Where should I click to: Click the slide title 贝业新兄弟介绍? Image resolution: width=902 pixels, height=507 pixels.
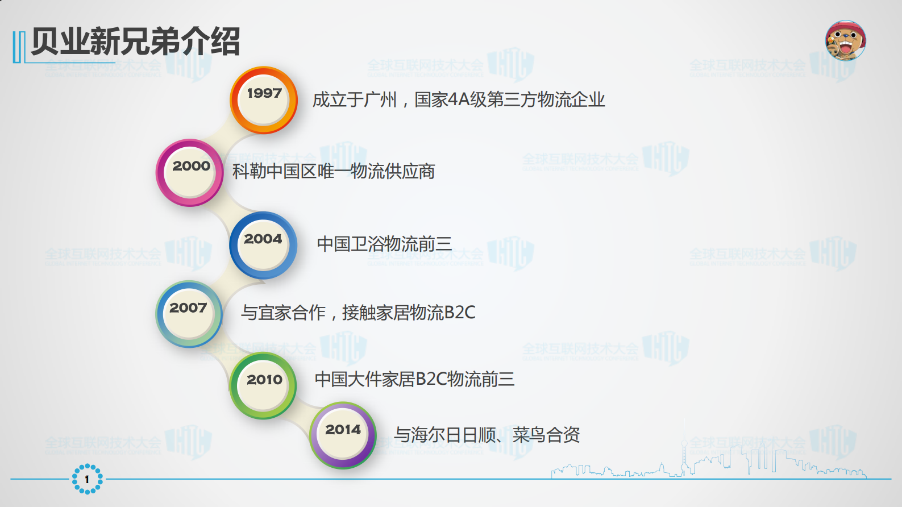(135, 41)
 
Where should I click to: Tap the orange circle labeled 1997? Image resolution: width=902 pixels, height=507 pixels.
(264, 100)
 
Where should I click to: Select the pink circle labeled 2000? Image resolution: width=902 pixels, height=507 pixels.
(190, 173)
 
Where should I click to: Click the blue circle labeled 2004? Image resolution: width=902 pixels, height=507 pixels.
(263, 245)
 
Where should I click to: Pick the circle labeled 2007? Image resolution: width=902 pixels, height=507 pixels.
(189, 314)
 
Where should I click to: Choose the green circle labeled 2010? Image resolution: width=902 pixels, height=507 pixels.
(264, 385)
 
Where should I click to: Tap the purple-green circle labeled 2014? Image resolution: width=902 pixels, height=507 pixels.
(343, 435)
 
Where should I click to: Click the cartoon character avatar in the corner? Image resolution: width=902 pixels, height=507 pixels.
(845, 40)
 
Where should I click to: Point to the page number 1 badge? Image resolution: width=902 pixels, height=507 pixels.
(87, 479)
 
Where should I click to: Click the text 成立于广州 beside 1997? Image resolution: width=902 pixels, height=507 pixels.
(355, 100)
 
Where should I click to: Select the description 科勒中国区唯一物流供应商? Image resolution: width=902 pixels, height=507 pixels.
(334, 171)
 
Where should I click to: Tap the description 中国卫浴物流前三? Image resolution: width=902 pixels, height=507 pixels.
(384, 244)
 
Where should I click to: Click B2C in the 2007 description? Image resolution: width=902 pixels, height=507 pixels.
(460, 313)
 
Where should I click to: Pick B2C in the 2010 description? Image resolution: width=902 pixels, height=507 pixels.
(431, 379)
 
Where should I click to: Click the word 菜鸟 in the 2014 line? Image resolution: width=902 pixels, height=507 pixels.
(529, 435)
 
